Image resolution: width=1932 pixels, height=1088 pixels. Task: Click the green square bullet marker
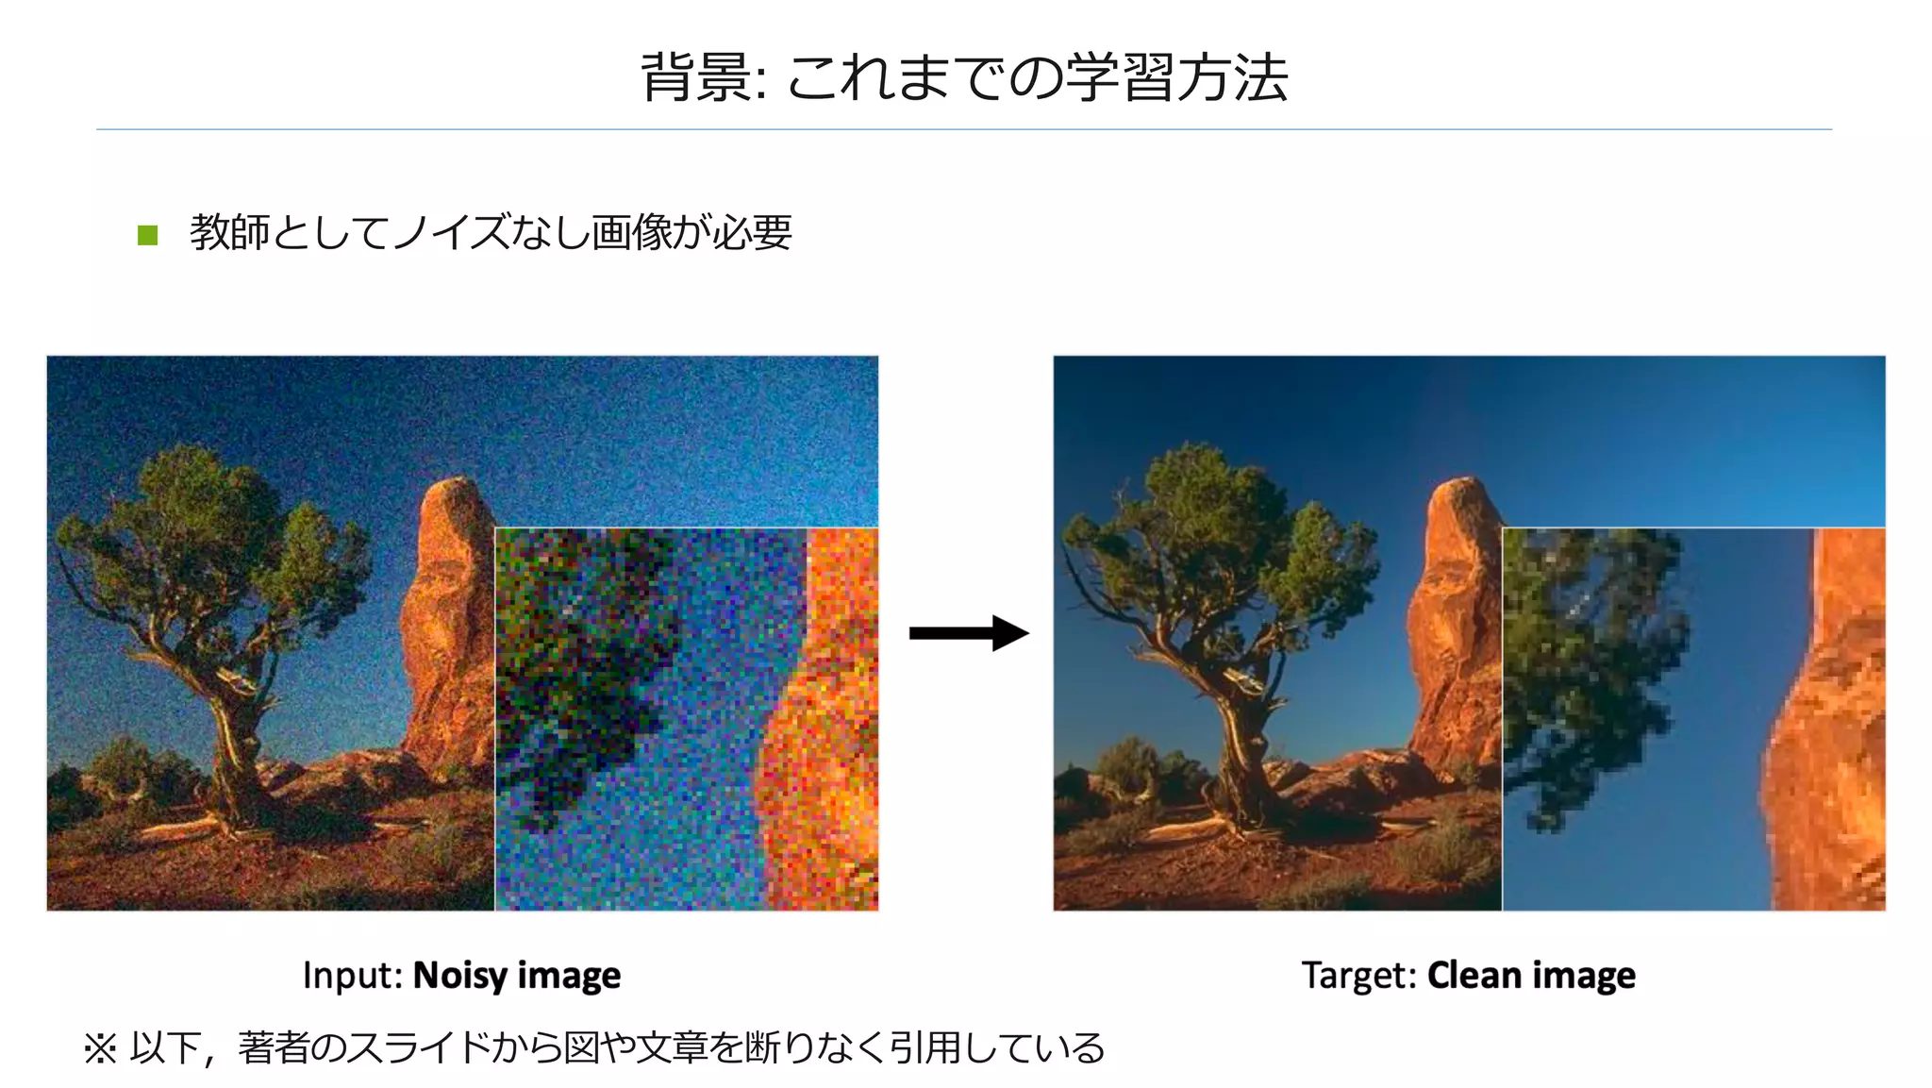(147, 234)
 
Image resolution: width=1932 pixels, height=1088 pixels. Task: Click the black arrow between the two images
(967, 633)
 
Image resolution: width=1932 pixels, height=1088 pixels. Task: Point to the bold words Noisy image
(517, 976)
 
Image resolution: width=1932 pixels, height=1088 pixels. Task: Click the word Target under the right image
(1358, 976)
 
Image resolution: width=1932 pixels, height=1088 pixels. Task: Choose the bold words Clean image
(1531, 976)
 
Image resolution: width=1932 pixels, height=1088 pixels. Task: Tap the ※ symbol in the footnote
(100, 1048)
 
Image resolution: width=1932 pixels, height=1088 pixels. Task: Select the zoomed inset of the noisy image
(686, 719)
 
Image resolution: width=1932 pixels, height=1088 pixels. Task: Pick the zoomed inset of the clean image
(1693, 719)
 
